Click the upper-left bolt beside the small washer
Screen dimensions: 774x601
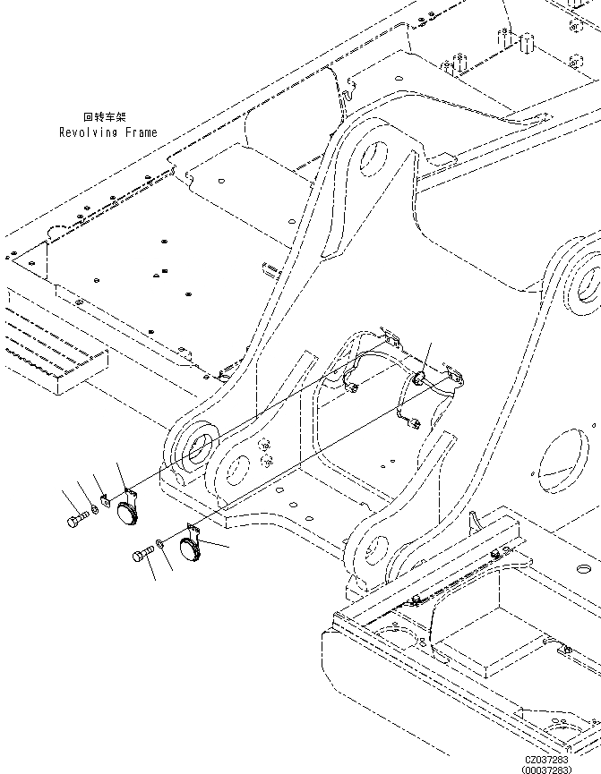[x=74, y=519]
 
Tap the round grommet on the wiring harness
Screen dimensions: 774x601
[x=417, y=376]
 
